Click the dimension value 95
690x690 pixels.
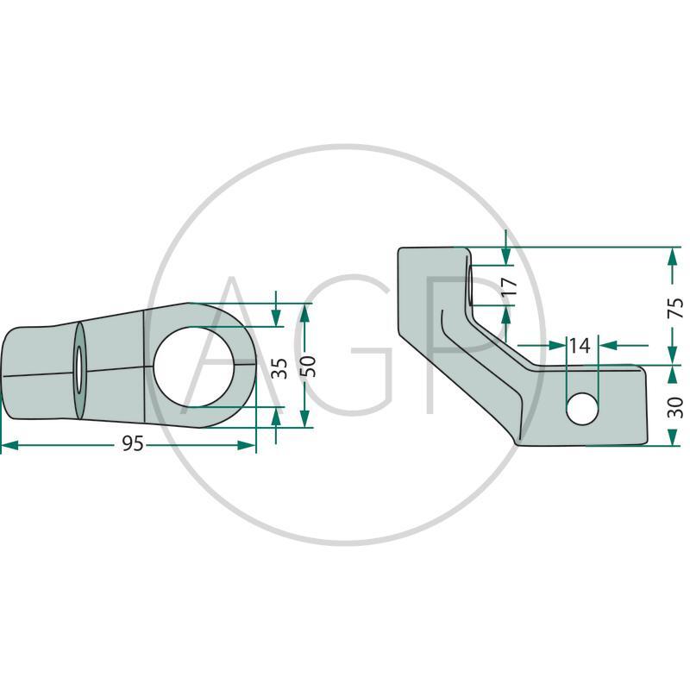(133, 443)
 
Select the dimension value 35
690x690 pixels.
(279, 368)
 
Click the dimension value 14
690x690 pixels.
(580, 346)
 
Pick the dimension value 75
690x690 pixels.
(675, 308)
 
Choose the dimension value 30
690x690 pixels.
(675, 407)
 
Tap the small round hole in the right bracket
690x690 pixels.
(582, 408)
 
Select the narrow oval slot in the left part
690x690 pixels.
(78, 370)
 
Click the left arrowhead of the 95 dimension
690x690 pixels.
(9, 445)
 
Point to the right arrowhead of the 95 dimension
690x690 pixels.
(247, 445)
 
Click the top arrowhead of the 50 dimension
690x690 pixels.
(305, 312)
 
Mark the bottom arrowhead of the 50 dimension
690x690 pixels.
(305, 418)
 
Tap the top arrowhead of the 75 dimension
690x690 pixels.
(672, 256)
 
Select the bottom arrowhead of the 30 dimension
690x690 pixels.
(672, 437)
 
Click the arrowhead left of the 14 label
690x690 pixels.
(557, 346)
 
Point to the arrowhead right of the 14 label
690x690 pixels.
(608, 346)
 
